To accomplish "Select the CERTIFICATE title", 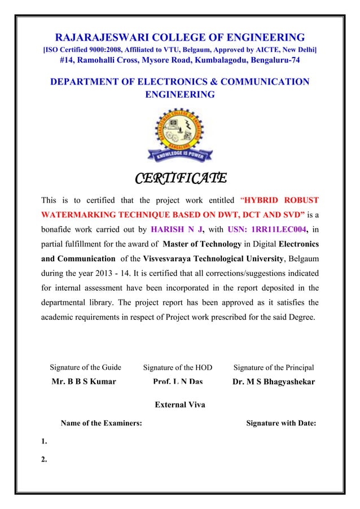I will point(180,179).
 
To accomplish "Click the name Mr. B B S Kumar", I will point(84,381).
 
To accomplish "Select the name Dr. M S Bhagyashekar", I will point(274,381).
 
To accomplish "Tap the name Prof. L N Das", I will point(178,381).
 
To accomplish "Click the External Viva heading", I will point(179,405).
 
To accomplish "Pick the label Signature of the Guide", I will point(86,367).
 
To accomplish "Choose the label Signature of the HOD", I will point(178,367).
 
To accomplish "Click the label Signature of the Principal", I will point(274,367).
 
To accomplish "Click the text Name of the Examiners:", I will point(101,423).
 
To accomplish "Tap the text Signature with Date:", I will point(280,423).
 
